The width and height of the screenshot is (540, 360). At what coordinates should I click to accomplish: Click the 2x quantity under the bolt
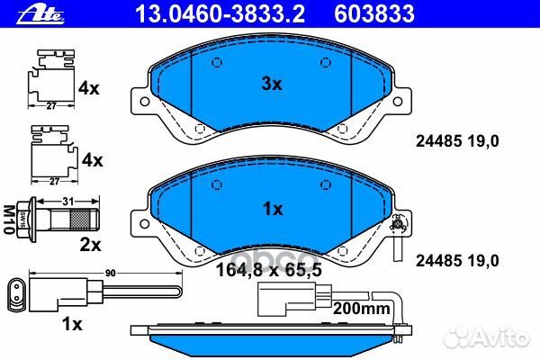(x=89, y=243)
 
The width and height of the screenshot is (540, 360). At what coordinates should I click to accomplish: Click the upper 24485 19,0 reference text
(x=456, y=140)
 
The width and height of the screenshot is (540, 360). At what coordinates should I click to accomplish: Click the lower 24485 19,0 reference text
(x=456, y=260)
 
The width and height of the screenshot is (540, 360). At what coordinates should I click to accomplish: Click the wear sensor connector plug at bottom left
(x=19, y=292)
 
